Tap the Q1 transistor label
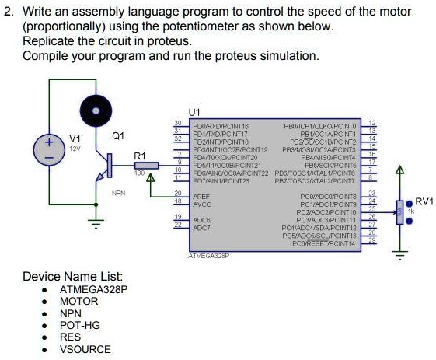(x=117, y=135)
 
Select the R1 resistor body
(x=145, y=165)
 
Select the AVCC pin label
(x=202, y=201)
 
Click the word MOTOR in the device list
(x=79, y=301)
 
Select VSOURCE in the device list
(x=85, y=349)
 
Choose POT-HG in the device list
(x=80, y=325)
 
